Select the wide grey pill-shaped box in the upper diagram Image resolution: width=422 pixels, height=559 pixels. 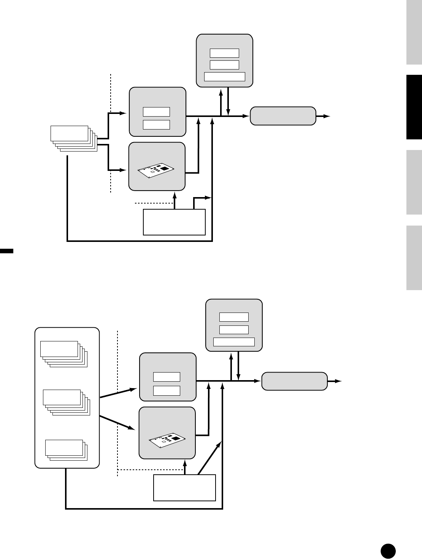click(283, 116)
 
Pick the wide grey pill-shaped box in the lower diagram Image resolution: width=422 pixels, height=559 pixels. click(294, 381)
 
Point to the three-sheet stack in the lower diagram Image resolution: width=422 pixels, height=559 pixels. click(66, 450)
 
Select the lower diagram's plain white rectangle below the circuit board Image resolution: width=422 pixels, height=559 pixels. click(184, 488)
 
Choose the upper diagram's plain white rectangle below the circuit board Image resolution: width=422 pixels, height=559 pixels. click(174, 222)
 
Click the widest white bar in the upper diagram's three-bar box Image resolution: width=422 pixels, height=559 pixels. click(225, 77)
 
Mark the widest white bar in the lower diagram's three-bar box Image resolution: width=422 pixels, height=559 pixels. click(234, 342)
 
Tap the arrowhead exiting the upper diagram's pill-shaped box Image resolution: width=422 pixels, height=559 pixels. click(328, 116)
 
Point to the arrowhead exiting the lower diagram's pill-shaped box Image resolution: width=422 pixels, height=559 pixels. click(339, 381)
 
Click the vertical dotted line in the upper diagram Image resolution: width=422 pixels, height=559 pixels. click(111, 133)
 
